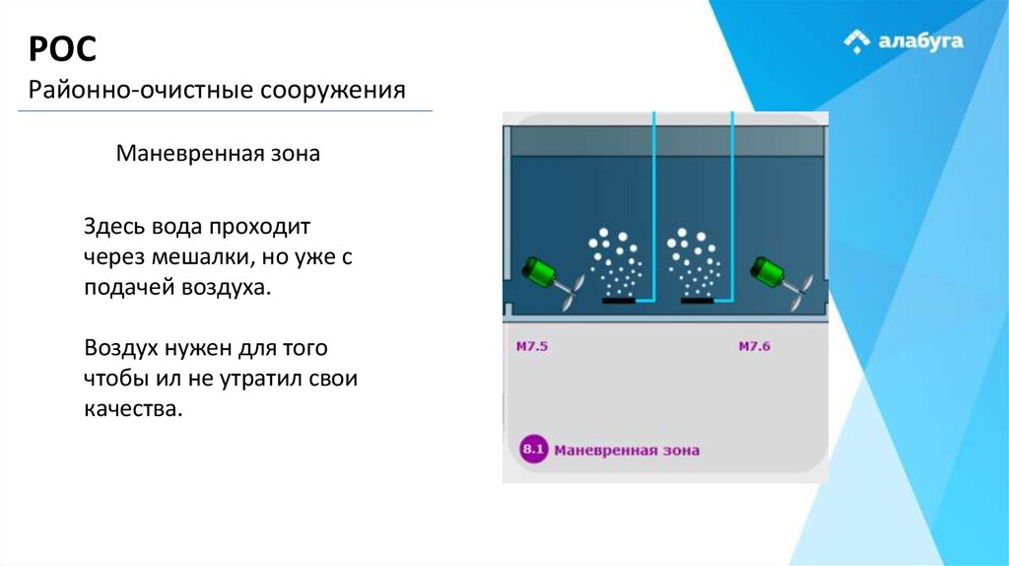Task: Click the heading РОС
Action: [62, 48]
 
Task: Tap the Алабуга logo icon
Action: [857, 41]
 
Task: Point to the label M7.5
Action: [532, 346]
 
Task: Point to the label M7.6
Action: [755, 346]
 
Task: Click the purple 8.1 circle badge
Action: [533, 450]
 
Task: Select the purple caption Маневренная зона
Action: [627, 451]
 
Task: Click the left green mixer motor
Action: [540, 271]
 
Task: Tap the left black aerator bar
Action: [618, 301]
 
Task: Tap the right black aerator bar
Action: [698, 301]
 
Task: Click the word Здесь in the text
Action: [114, 228]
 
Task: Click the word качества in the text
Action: [133, 408]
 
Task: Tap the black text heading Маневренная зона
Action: [218, 155]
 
